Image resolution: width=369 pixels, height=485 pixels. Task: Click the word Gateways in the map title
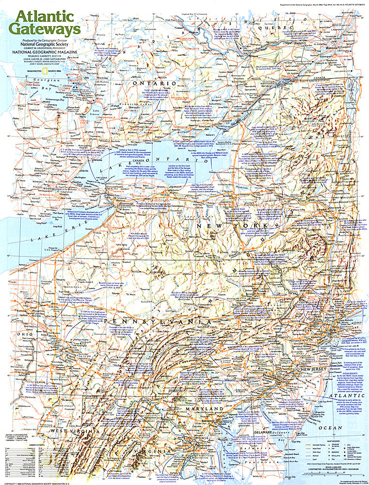click(x=47, y=29)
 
